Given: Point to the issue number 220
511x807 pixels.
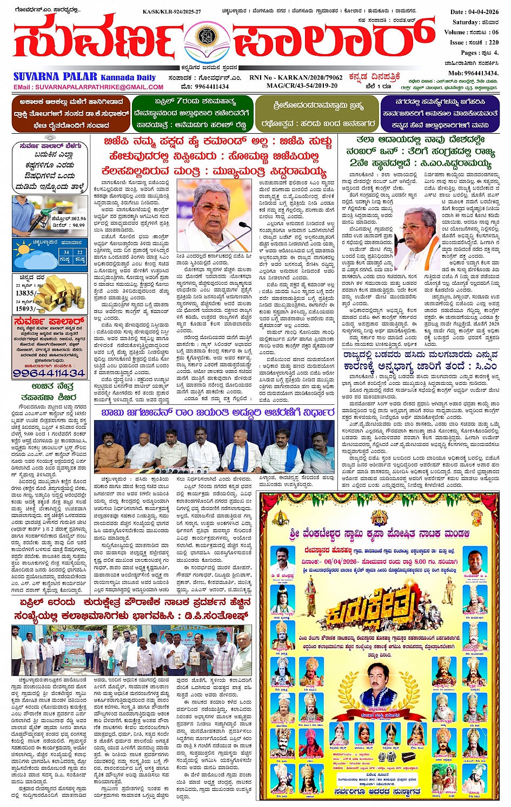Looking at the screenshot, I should coord(493,42).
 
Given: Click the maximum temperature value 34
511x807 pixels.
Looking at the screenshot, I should coord(65,252).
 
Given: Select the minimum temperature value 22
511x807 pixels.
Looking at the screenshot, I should coord(79,252).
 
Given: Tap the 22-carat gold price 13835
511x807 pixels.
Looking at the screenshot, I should coord(25,292).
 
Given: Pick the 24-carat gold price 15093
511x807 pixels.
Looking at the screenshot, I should coord(25,309).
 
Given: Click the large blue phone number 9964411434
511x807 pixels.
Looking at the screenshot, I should coord(49,373).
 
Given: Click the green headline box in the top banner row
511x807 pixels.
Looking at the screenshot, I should coord(192,114).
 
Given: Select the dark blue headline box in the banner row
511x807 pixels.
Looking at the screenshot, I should coord(439,114).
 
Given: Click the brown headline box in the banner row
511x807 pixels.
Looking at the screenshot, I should coord(71,114).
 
